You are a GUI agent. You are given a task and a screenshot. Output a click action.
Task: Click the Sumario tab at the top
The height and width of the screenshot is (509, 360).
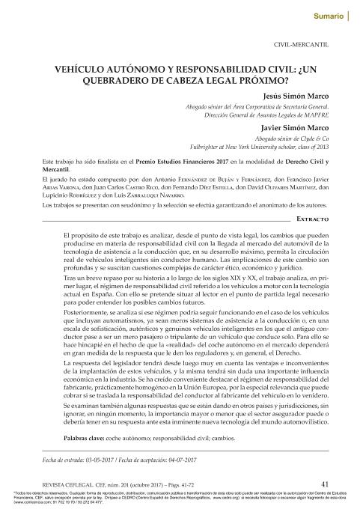point(329,15)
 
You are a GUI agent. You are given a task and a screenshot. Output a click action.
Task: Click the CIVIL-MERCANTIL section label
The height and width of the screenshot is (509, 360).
point(302,45)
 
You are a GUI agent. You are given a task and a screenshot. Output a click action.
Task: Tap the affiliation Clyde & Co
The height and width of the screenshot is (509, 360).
point(311,139)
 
